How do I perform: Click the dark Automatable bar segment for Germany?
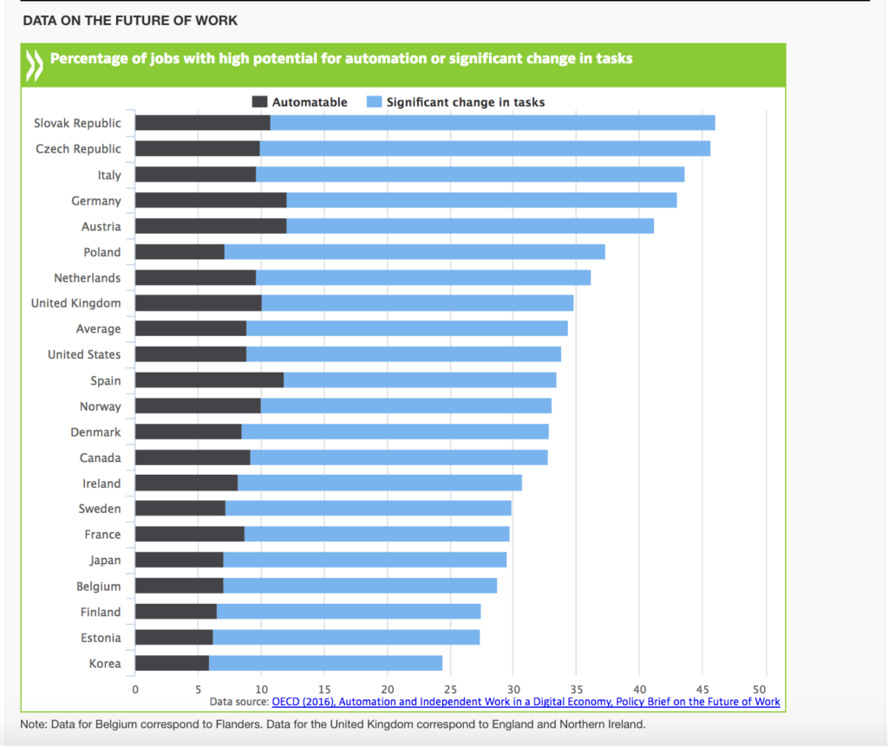coord(211,201)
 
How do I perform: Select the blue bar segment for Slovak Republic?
coord(493,123)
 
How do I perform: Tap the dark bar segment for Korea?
coord(172,664)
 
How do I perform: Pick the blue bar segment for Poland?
coord(415,252)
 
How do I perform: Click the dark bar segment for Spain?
coord(209,380)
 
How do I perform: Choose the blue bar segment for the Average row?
coord(407,329)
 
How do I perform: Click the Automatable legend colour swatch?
coord(259,102)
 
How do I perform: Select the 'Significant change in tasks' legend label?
coord(466,102)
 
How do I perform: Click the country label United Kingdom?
coord(76,303)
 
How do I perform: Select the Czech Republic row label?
coord(78,149)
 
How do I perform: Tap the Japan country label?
coord(105,561)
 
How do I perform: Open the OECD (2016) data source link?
coord(526,702)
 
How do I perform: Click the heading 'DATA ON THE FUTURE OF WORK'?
coord(130,20)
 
